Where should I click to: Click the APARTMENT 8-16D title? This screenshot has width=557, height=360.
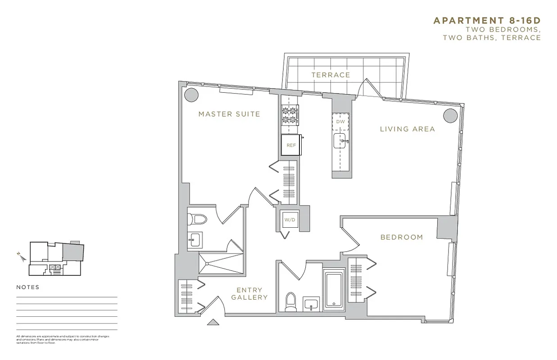[487, 21]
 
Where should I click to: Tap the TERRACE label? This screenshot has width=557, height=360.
[331, 75]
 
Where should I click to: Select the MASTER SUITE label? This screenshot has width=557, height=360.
[229, 114]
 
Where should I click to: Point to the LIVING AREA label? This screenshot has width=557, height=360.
[407, 129]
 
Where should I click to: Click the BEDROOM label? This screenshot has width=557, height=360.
[402, 237]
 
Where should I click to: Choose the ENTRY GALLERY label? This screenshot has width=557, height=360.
[249, 294]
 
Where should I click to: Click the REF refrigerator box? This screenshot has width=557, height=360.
[291, 145]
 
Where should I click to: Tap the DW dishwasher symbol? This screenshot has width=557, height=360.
[340, 121]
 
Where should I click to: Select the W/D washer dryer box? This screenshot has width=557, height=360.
[288, 220]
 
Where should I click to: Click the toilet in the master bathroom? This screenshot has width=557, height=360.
[197, 219]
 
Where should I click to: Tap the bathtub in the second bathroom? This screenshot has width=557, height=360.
[334, 288]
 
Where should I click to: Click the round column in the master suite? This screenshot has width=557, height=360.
[191, 94]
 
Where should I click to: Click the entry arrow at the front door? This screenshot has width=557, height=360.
[213, 322]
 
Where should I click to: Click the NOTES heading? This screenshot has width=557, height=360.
[28, 287]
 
